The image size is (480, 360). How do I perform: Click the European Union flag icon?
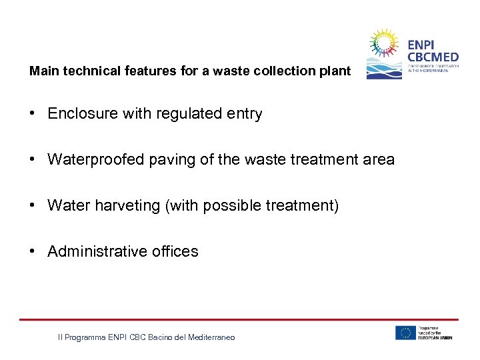point(405,333)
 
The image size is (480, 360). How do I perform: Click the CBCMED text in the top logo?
point(433,57)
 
